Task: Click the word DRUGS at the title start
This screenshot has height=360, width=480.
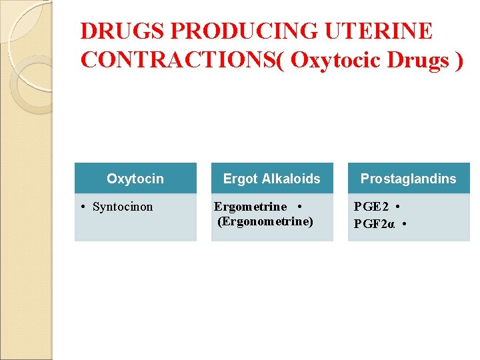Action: tap(123, 31)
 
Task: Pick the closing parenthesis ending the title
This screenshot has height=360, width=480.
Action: tap(458, 59)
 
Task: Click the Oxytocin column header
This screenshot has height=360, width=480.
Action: tap(135, 179)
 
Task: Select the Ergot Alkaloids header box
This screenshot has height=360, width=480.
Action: tap(272, 179)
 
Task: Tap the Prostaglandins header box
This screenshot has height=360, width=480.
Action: tap(409, 179)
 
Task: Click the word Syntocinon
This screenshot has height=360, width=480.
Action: tap(123, 207)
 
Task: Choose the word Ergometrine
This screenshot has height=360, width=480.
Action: tap(250, 207)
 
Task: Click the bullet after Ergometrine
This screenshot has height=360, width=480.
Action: tap(301, 207)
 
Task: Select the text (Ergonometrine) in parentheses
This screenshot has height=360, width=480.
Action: tap(265, 221)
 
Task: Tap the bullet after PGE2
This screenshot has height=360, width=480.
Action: tap(397, 207)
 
